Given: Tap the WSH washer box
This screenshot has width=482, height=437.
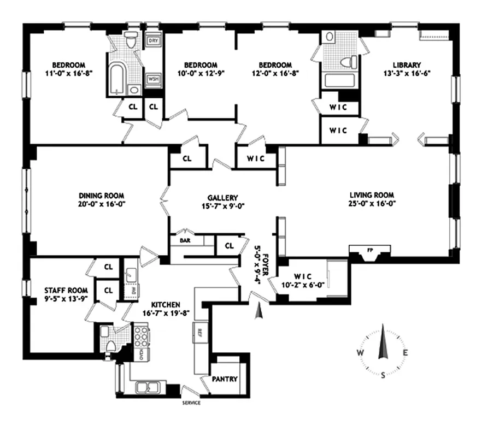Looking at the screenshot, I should point(153,80).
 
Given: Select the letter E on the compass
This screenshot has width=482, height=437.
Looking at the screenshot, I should point(405,353).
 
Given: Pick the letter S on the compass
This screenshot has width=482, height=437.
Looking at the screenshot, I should point(383,375).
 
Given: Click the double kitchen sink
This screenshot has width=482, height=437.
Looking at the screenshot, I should point(148,388).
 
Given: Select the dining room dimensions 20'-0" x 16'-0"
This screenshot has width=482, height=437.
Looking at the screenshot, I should point(102,204).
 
